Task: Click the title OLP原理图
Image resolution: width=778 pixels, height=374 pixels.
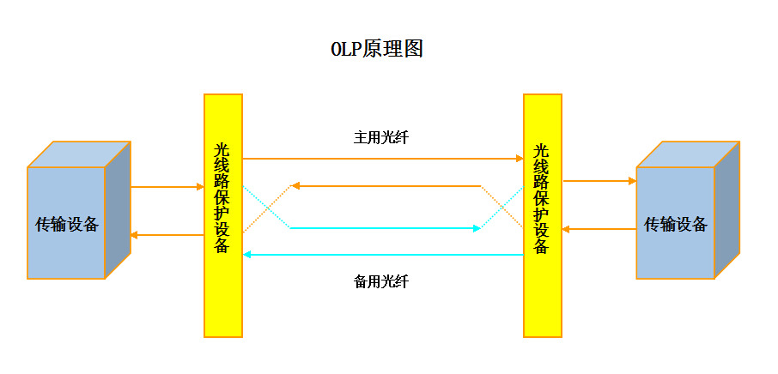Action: point(377,49)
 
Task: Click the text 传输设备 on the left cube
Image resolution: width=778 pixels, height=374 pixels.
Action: point(67,225)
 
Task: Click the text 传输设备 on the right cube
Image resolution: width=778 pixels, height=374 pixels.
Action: point(676,225)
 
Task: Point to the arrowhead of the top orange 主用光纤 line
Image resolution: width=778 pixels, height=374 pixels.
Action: point(519,159)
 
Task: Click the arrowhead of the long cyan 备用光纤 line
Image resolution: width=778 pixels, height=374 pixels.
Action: point(248,255)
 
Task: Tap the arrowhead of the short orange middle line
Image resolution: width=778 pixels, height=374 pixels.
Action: point(295,184)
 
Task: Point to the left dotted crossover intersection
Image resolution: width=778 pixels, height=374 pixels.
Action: point(266,207)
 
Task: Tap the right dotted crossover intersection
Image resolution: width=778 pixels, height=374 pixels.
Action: point(501,207)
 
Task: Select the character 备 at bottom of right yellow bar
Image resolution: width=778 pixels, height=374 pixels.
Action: point(542,246)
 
